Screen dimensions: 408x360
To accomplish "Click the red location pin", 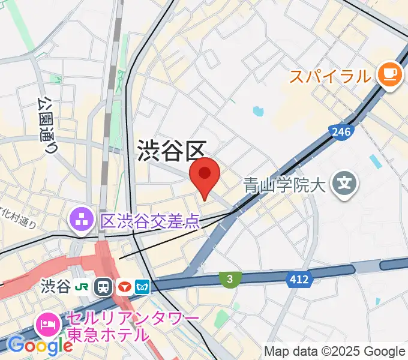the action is pyautogui.click(x=205, y=176).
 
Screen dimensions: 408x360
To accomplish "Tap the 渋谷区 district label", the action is pyautogui.click(x=172, y=151).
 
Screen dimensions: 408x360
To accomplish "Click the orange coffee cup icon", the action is pyautogui.click(x=389, y=74).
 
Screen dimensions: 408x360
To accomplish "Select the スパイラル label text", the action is pyautogui.click(x=330, y=76).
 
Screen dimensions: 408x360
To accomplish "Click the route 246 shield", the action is pyautogui.click(x=340, y=131).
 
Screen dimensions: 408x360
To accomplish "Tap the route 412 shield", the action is pyautogui.click(x=298, y=279).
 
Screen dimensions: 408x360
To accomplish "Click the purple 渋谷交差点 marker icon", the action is pyautogui.click(x=80, y=220).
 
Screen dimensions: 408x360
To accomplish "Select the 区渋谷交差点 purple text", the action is pyautogui.click(x=149, y=222).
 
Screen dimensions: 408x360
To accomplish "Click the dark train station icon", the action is pyautogui.click(x=105, y=286).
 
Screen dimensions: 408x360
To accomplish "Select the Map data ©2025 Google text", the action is pyautogui.click(x=335, y=351).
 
